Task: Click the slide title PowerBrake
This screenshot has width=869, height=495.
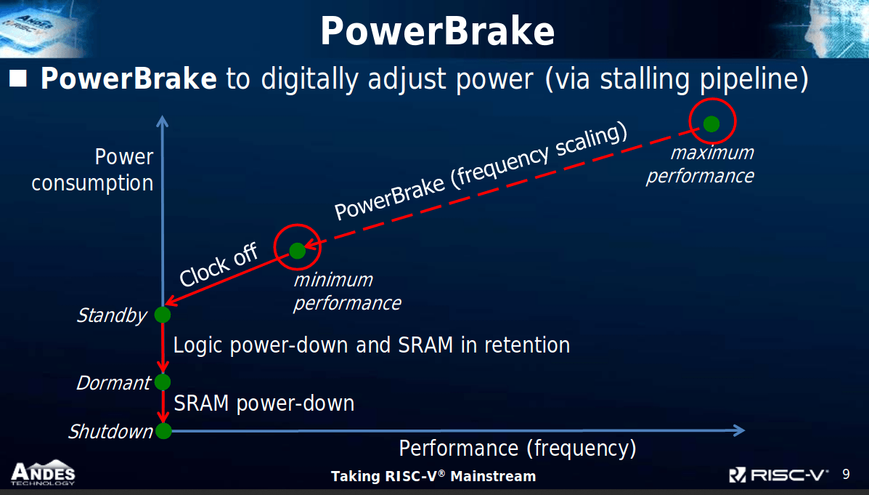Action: (437, 31)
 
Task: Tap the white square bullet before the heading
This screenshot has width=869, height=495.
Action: (18, 79)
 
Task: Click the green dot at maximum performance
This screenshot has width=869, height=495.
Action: (711, 124)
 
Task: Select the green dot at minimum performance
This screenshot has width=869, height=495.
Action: (297, 251)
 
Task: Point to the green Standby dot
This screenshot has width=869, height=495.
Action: (163, 315)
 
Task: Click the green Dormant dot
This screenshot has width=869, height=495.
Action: (163, 382)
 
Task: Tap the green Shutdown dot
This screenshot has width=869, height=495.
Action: (163, 430)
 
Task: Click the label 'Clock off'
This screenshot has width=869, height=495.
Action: (219, 265)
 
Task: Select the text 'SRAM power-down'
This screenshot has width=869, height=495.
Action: (264, 403)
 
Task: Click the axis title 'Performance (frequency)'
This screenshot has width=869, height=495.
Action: (518, 448)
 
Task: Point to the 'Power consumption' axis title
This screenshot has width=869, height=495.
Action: (92, 170)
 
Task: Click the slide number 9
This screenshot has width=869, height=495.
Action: (846, 475)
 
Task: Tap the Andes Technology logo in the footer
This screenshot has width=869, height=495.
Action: (43, 472)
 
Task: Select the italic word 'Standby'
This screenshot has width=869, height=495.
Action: (111, 315)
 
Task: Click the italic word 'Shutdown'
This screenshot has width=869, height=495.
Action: (110, 432)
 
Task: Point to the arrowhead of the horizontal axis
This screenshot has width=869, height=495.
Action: (739, 430)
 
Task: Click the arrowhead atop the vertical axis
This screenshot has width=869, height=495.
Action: (162, 121)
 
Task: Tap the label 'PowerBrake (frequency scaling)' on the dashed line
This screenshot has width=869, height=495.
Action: (481, 172)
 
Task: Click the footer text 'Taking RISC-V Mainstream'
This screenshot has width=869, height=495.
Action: (433, 476)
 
